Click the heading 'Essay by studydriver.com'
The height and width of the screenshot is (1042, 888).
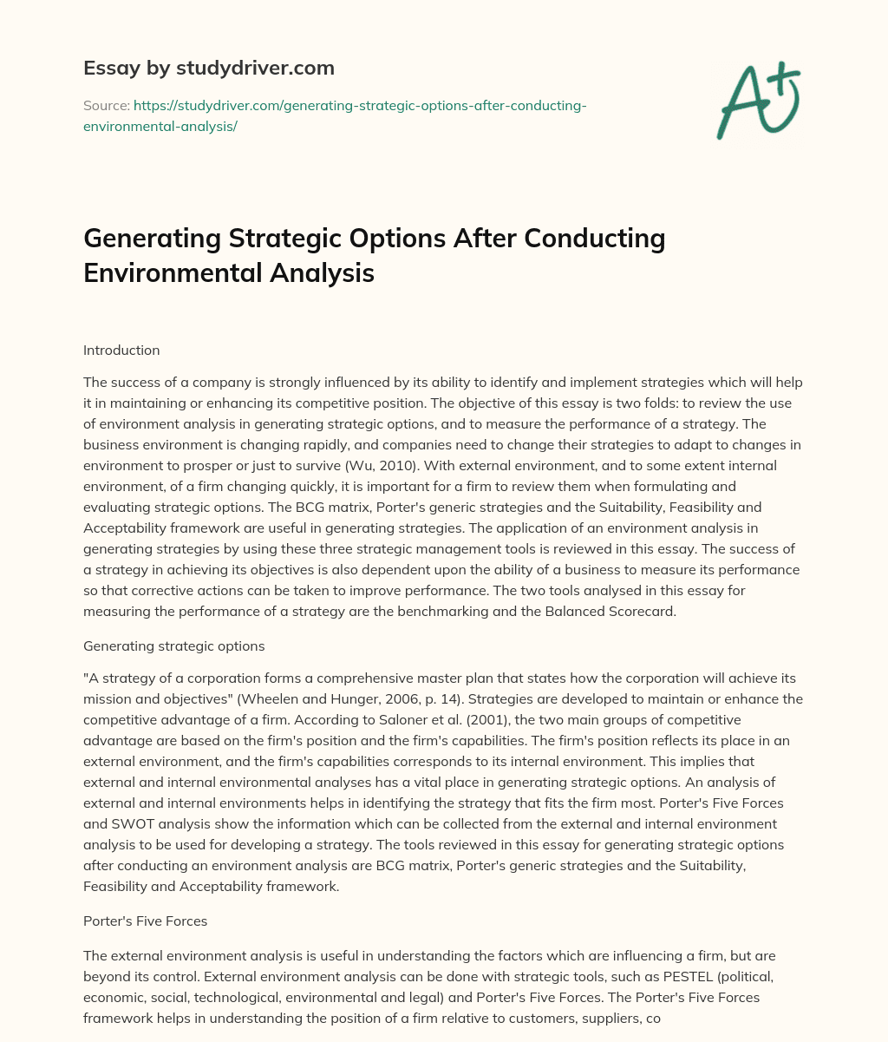[x=209, y=68]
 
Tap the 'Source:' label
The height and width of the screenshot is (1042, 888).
[x=105, y=106]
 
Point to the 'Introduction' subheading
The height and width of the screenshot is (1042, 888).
[x=121, y=351]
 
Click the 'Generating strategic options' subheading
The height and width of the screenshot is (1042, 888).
[x=173, y=646]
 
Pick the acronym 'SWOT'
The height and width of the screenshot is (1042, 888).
[x=115, y=824]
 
